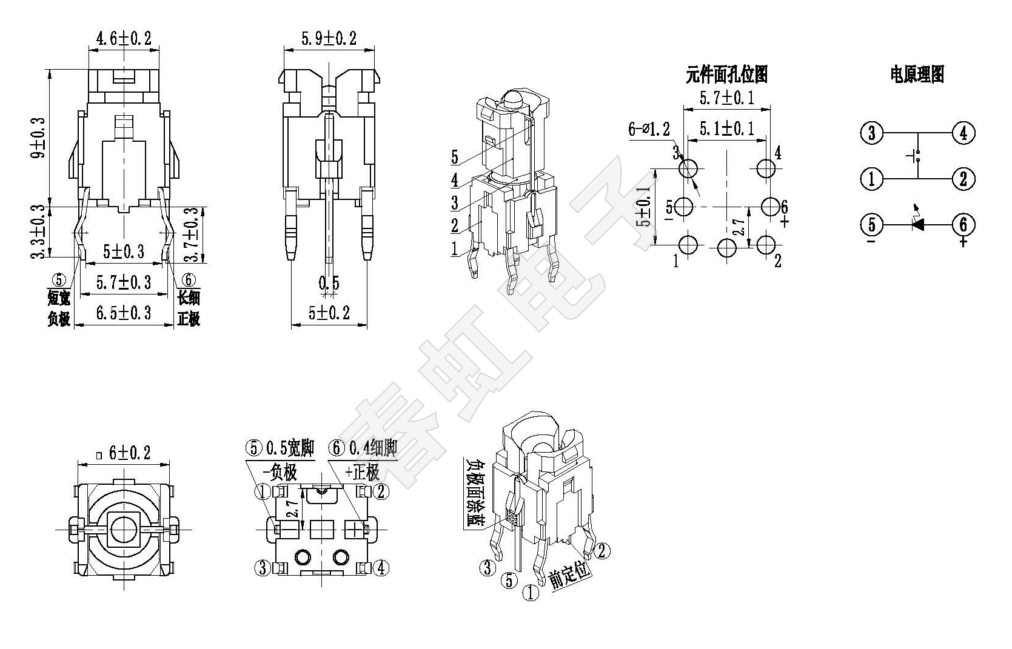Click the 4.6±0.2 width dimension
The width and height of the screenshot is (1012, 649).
[123, 39]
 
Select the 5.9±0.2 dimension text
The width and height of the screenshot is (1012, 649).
[329, 39]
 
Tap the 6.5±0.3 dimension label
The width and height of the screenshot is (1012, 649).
[124, 313]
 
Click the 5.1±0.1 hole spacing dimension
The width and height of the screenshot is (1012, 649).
[727, 128]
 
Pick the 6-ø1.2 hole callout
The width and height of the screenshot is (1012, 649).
[649, 129]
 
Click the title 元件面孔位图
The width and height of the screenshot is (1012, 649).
[726, 75]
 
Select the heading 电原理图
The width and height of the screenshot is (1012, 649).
[917, 75]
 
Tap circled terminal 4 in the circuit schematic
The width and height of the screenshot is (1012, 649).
[963, 133]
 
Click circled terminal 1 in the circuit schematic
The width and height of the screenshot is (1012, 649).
[872, 179]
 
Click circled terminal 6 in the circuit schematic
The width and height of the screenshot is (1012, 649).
[963, 225]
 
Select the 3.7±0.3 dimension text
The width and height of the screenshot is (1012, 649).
[192, 234]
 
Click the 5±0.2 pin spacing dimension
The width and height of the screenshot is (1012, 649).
[329, 313]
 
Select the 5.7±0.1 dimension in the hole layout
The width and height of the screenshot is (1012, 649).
[727, 98]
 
